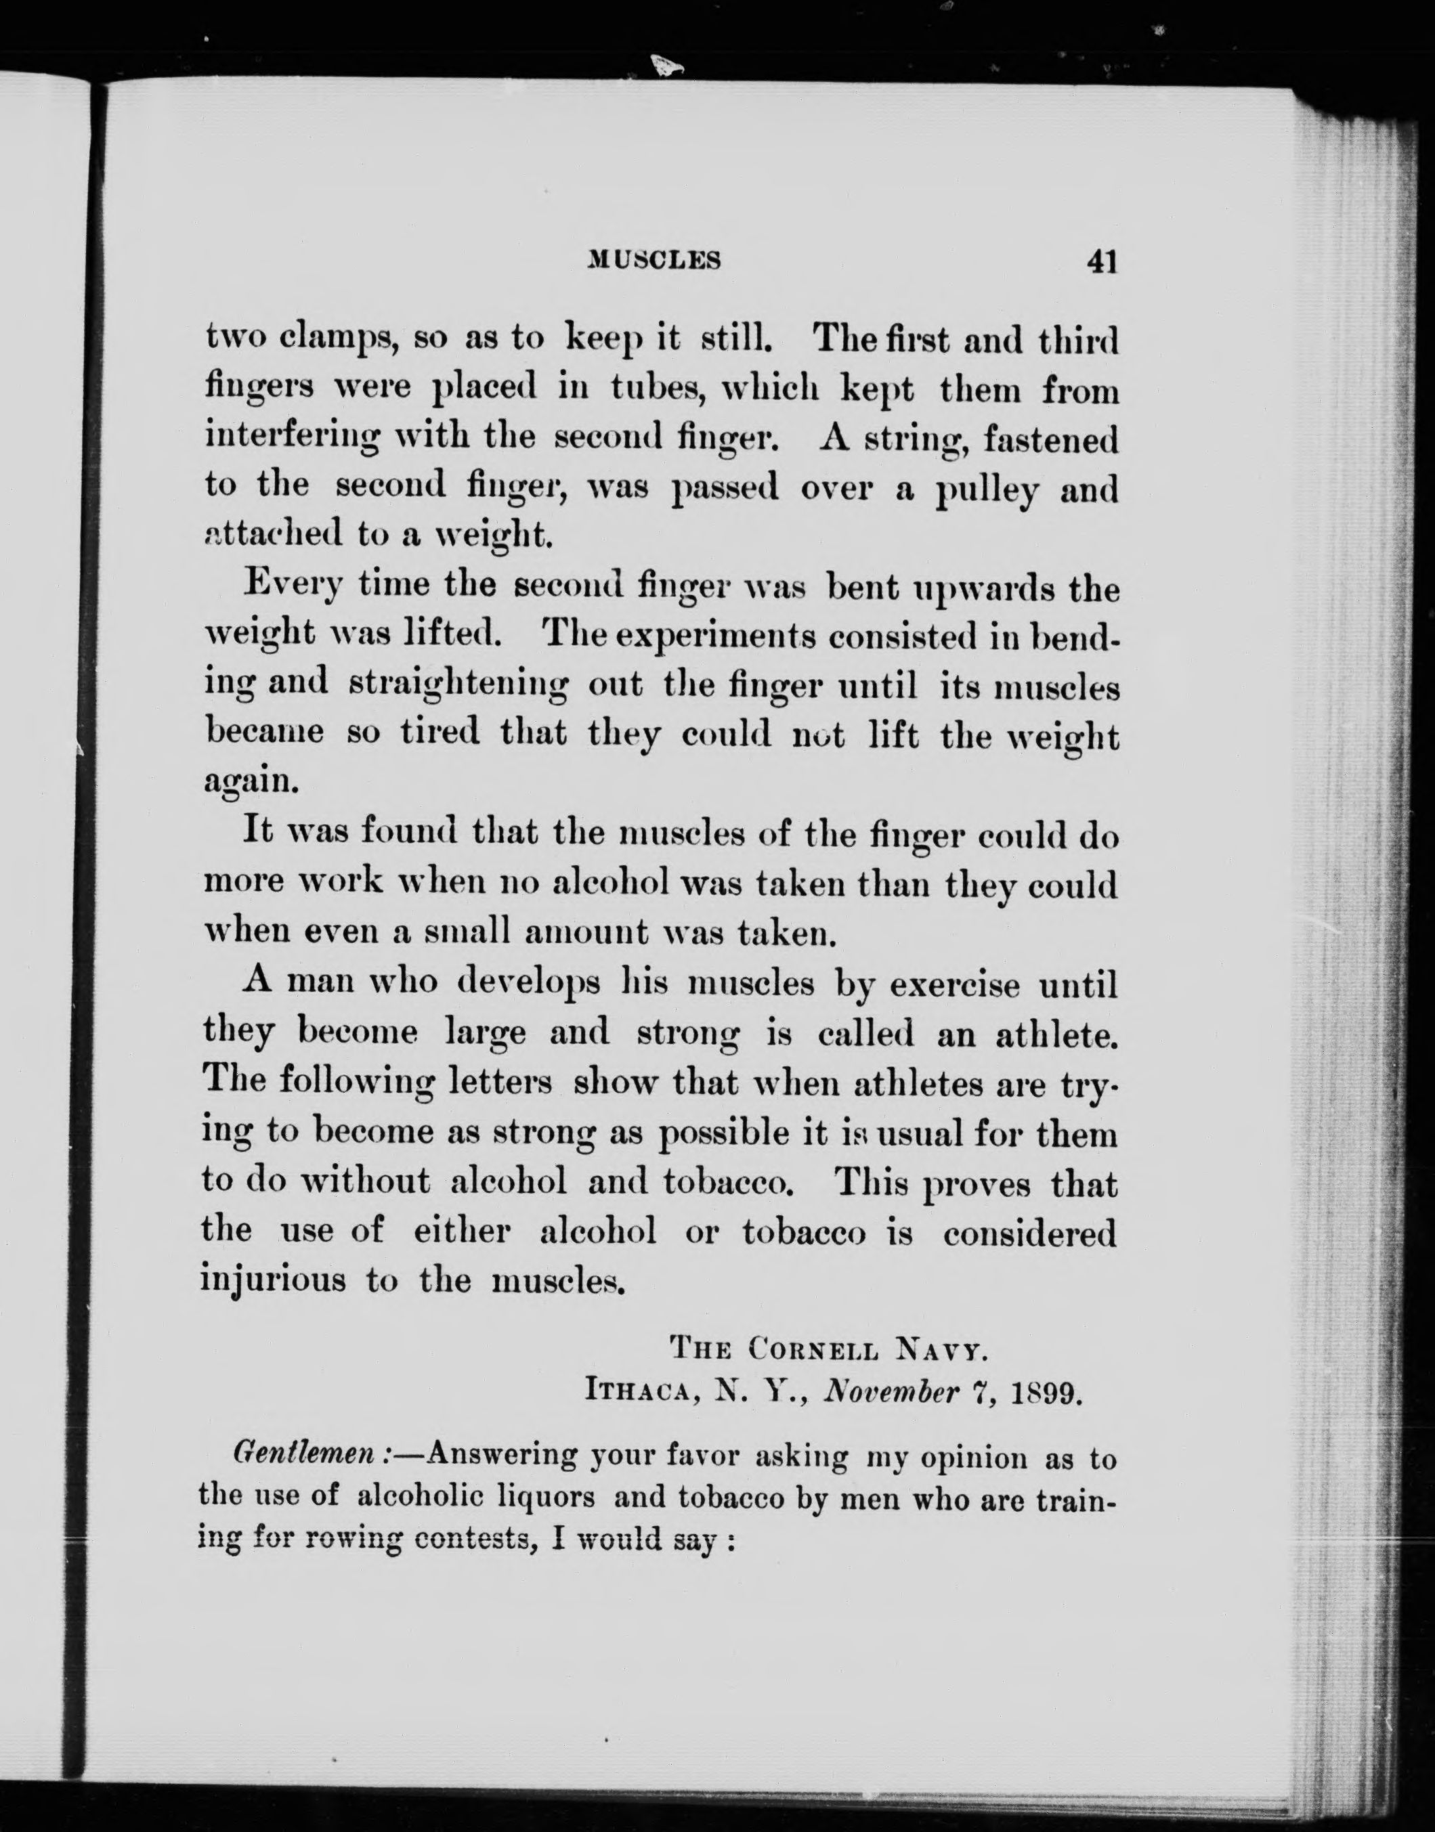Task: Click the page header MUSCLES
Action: pos(654,261)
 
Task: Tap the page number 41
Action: pos(1101,262)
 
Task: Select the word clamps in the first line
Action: pos(327,340)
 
